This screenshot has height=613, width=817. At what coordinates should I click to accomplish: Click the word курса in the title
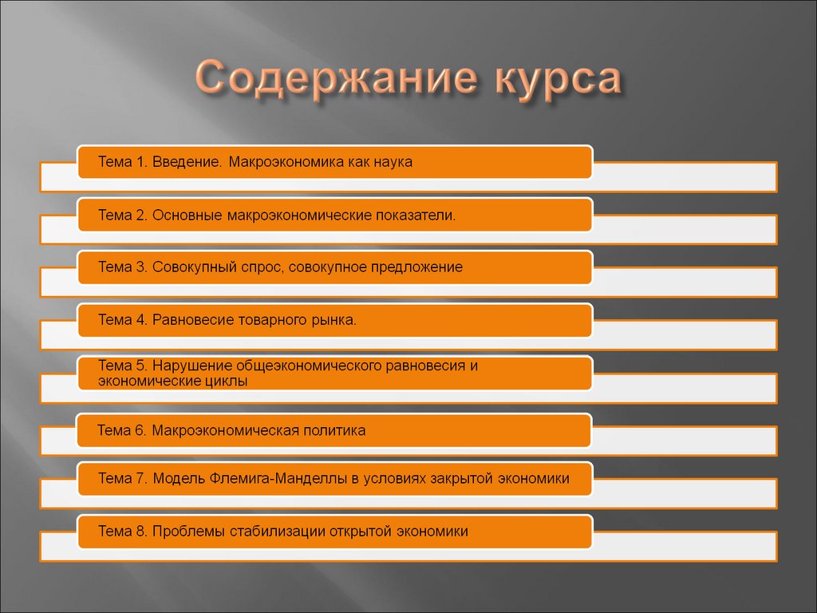[x=551, y=81]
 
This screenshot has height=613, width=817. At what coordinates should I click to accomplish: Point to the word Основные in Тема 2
[x=187, y=216]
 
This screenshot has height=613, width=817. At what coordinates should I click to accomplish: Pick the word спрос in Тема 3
[x=258, y=267]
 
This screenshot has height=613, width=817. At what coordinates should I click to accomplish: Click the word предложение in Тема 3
[x=416, y=267]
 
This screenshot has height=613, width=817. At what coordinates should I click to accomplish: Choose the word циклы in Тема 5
[x=228, y=382]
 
